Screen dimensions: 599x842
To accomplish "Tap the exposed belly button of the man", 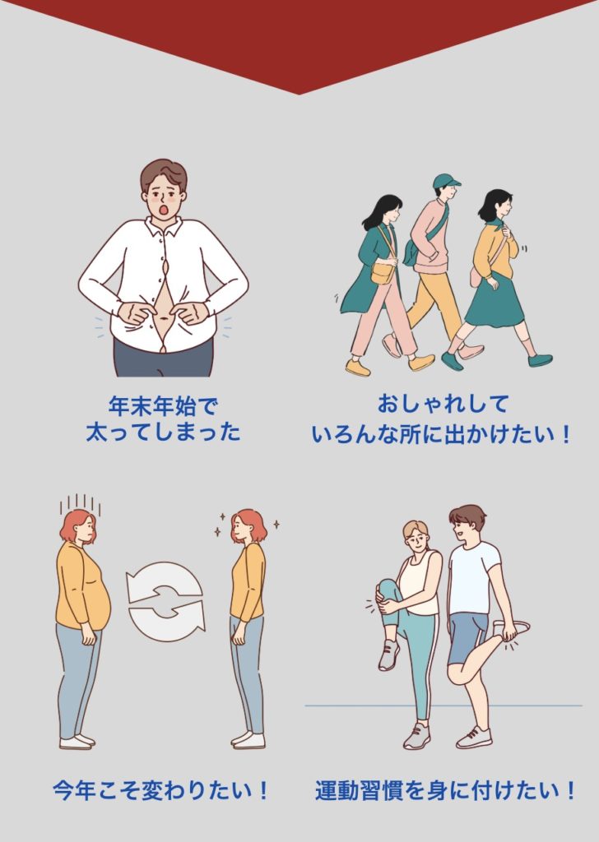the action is click(163, 319).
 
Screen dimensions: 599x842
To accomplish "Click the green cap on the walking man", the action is click(446, 181).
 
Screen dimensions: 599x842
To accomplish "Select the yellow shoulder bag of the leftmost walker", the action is click(382, 272).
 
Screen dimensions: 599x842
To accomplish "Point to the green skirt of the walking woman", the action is click(494, 300).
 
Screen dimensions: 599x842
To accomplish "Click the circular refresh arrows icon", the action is click(165, 601).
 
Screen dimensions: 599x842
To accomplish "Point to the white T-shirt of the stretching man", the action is click(473, 578).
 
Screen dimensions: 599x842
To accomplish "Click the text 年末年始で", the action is click(163, 406).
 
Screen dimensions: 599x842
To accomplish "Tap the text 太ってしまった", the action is click(163, 432).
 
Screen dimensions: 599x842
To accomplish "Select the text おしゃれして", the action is click(443, 404).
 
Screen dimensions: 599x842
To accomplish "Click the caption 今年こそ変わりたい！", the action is click(161, 790).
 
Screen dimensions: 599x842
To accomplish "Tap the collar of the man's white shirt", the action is click(164, 228).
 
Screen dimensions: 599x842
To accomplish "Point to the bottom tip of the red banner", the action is click(299, 95).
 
